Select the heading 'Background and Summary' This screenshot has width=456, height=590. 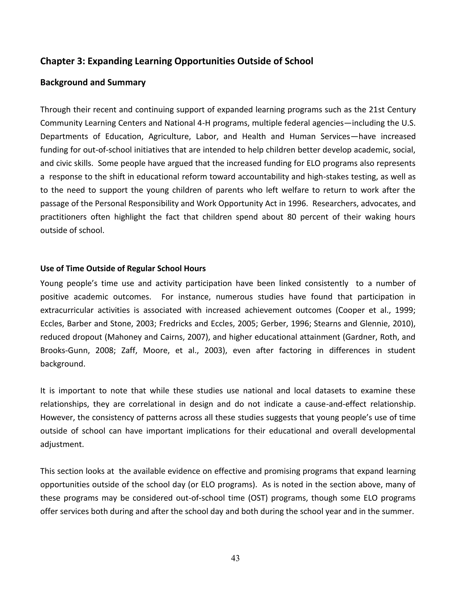[x=93, y=82]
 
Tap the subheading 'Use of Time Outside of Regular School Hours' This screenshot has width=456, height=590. [x=123, y=269]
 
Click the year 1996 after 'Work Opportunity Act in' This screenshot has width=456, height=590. [x=297, y=203]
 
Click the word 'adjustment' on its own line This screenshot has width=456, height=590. [x=62, y=444]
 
